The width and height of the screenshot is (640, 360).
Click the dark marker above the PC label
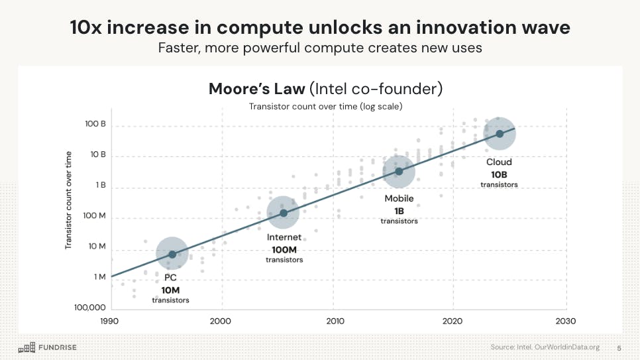172,254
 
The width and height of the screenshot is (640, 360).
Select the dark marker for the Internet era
284,213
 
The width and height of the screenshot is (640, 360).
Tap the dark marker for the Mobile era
399,172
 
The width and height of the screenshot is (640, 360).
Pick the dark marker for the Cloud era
500,134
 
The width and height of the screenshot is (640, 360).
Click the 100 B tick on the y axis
94,124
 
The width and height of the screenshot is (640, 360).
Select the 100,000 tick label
89,308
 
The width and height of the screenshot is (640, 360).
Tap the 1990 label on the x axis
109,320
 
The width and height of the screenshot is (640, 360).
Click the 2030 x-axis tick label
566,320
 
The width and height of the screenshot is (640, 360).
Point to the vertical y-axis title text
68,200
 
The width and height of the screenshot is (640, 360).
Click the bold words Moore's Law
255,89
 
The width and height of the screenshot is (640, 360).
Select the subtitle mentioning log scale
325,106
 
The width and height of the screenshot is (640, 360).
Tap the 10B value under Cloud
499,174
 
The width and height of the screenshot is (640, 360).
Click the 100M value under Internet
284,249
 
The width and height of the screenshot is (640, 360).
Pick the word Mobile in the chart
399,198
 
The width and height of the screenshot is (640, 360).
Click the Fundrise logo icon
27,347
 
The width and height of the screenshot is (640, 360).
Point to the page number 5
619,347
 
